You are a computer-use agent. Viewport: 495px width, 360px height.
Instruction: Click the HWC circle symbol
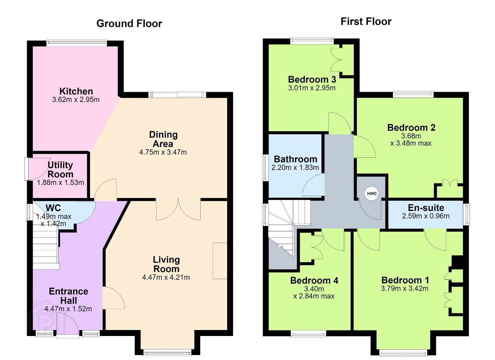[x=372, y=194]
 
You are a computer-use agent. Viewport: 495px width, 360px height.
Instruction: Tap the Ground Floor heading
[x=129, y=23]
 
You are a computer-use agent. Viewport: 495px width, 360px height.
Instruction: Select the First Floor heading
[x=366, y=21]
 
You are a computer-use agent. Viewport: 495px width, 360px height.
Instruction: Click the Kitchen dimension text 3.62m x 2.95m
[x=76, y=100]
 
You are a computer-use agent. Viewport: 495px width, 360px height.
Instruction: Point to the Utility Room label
[x=60, y=170]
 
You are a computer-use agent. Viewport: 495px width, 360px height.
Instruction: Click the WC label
[x=53, y=208]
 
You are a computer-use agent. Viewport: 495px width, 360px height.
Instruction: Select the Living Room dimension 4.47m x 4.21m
[x=166, y=277]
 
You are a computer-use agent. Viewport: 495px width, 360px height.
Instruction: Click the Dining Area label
[x=163, y=139]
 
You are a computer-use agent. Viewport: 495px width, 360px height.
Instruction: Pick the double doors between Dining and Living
[x=178, y=209]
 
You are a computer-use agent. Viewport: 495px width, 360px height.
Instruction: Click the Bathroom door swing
[x=313, y=185]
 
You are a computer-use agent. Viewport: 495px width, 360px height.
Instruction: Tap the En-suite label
[x=426, y=208]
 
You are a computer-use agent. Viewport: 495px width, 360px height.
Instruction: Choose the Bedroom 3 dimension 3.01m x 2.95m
[x=312, y=88]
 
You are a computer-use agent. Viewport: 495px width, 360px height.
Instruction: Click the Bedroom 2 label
[x=411, y=128]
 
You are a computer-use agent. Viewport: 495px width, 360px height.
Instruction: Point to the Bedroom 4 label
[x=314, y=280]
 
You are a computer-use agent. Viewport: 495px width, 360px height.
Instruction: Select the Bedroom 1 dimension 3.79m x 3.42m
[x=405, y=288]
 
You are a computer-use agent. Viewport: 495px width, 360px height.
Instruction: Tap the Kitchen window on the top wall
[x=77, y=43]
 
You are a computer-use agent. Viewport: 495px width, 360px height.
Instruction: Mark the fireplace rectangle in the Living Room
[x=220, y=261]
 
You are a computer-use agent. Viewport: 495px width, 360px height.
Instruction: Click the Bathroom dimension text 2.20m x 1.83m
[x=295, y=168]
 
